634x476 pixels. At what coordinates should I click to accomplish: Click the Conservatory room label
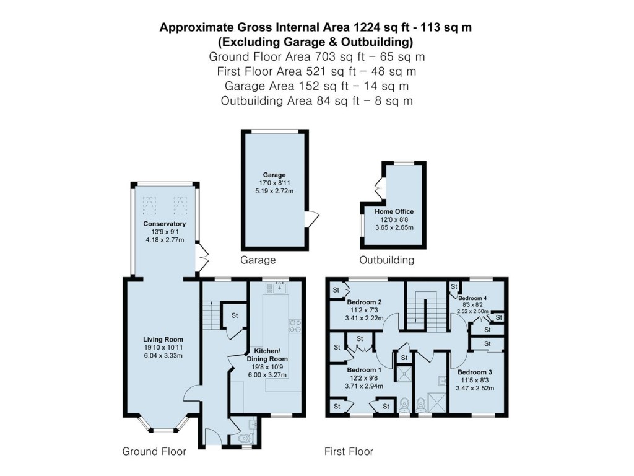(164, 224)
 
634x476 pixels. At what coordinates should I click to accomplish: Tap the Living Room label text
(163, 339)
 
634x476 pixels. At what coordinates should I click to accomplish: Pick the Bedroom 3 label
(475, 372)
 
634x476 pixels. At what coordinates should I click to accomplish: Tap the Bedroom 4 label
(474, 297)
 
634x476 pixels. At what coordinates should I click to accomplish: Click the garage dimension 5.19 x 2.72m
(273, 192)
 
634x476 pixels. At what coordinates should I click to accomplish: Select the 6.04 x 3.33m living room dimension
(163, 356)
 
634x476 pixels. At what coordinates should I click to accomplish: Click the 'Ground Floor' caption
(154, 452)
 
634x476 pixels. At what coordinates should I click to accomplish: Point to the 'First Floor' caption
(349, 452)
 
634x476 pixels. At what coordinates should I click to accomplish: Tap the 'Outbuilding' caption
(387, 260)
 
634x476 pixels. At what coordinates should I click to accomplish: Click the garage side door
(313, 219)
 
